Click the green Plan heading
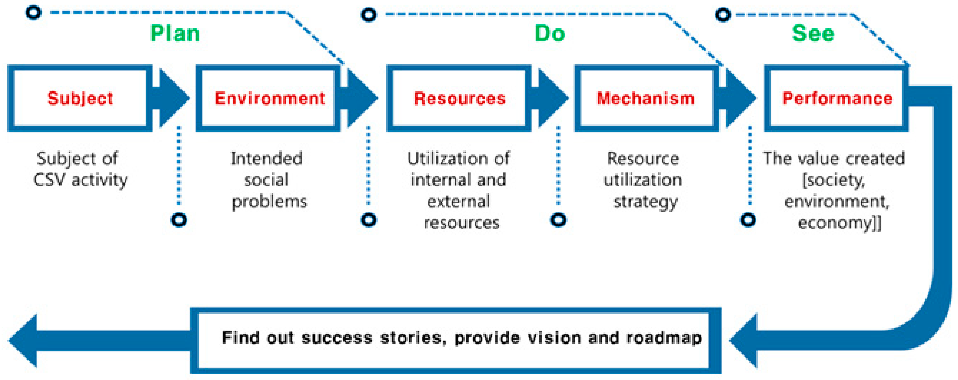[175, 34]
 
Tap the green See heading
[813, 34]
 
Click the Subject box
[80, 98]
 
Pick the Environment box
[268, 98]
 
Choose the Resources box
[459, 98]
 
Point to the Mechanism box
[646, 98]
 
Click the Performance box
[837, 98]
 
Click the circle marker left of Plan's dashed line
[33, 13]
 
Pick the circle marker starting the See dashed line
[723, 15]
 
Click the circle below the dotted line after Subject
[179, 220]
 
